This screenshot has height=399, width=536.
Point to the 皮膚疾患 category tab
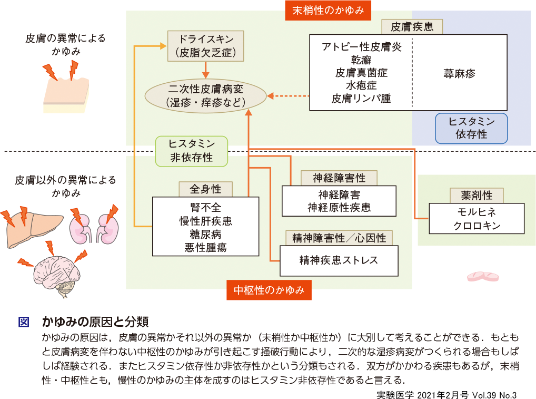pyautogui.click(x=412, y=26)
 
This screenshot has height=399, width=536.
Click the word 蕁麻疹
pyautogui.click(x=459, y=73)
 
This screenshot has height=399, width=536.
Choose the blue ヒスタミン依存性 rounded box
pyautogui.click(x=471, y=128)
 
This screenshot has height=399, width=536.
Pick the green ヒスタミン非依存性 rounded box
pyautogui.click(x=192, y=150)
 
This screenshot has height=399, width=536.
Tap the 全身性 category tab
pyautogui.click(x=206, y=189)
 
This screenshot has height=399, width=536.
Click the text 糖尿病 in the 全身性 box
pyautogui.click(x=205, y=234)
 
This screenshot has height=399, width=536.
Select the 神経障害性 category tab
pyautogui.click(x=339, y=178)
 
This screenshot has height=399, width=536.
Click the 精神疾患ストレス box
pyautogui.click(x=339, y=260)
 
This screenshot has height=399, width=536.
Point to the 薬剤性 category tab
pyautogui.click(x=471, y=196)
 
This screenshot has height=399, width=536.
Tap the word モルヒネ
pyautogui.click(x=478, y=212)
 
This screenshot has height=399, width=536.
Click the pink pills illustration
pyautogui.click(x=483, y=277)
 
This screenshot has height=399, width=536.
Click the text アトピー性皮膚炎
pyautogui.click(x=361, y=47)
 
